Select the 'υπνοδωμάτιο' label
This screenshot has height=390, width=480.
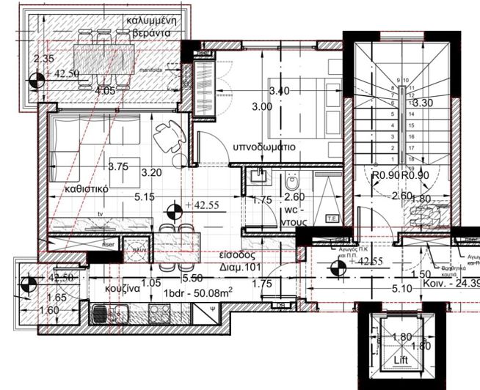264,147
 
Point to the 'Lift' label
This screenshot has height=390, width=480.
400,360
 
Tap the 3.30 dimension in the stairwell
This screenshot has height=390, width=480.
424,103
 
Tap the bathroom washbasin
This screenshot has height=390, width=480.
257,175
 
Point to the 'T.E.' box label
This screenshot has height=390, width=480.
332,218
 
